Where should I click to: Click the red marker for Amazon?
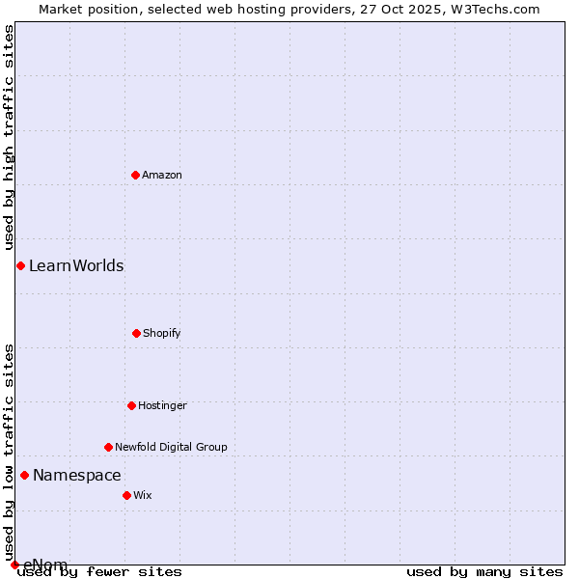[x=135, y=175]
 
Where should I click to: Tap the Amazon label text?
[x=162, y=176]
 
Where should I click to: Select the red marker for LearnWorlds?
[x=20, y=265]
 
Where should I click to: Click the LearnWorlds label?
[x=76, y=266]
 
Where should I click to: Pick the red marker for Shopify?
[x=136, y=333]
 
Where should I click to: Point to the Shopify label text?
[x=162, y=334]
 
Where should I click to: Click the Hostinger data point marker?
[x=131, y=405]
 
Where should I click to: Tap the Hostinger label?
[x=162, y=406]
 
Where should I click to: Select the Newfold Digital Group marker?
[x=108, y=447]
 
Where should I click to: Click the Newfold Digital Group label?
[x=171, y=448]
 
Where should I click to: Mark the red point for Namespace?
[x=24, y=475]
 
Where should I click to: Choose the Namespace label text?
[x=77, y=476]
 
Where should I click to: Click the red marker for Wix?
[x=126, y=495]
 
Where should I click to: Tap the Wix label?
[x=143, y=496]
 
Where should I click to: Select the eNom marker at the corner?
[x=14, y=565]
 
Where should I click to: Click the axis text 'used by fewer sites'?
[x=99, y=572]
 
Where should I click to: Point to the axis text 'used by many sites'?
[x=484, y=572]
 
